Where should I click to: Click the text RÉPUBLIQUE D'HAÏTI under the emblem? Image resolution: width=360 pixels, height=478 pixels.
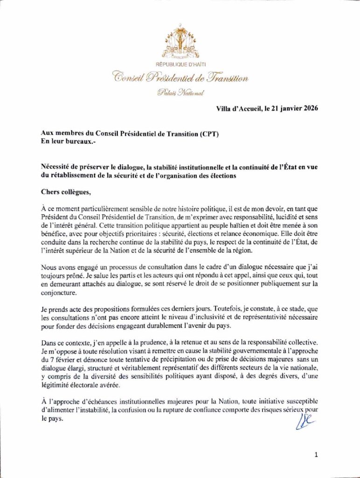coord(180,63)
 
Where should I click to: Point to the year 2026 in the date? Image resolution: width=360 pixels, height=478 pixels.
coord(309,109)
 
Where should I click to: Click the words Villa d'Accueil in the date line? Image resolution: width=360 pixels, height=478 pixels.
coord(237,109)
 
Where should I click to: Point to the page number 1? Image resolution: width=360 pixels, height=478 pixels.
coord(316,454)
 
